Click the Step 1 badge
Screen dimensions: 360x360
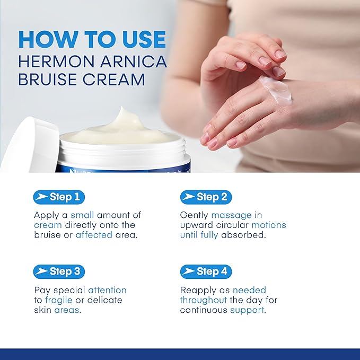[x=58, y=197]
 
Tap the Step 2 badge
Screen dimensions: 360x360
[x=206, y=197]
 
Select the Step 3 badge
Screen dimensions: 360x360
[x=58, y=272]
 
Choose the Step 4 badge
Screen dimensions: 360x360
[x=206, y=272]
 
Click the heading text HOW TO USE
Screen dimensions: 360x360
[x=92, y=40]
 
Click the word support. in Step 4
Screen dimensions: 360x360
[x=248, y=310]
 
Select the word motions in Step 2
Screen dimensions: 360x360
[x=268, y=225]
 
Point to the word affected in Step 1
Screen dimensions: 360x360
[x=94, y=235]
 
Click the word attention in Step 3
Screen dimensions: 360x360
[x=107, y=290]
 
